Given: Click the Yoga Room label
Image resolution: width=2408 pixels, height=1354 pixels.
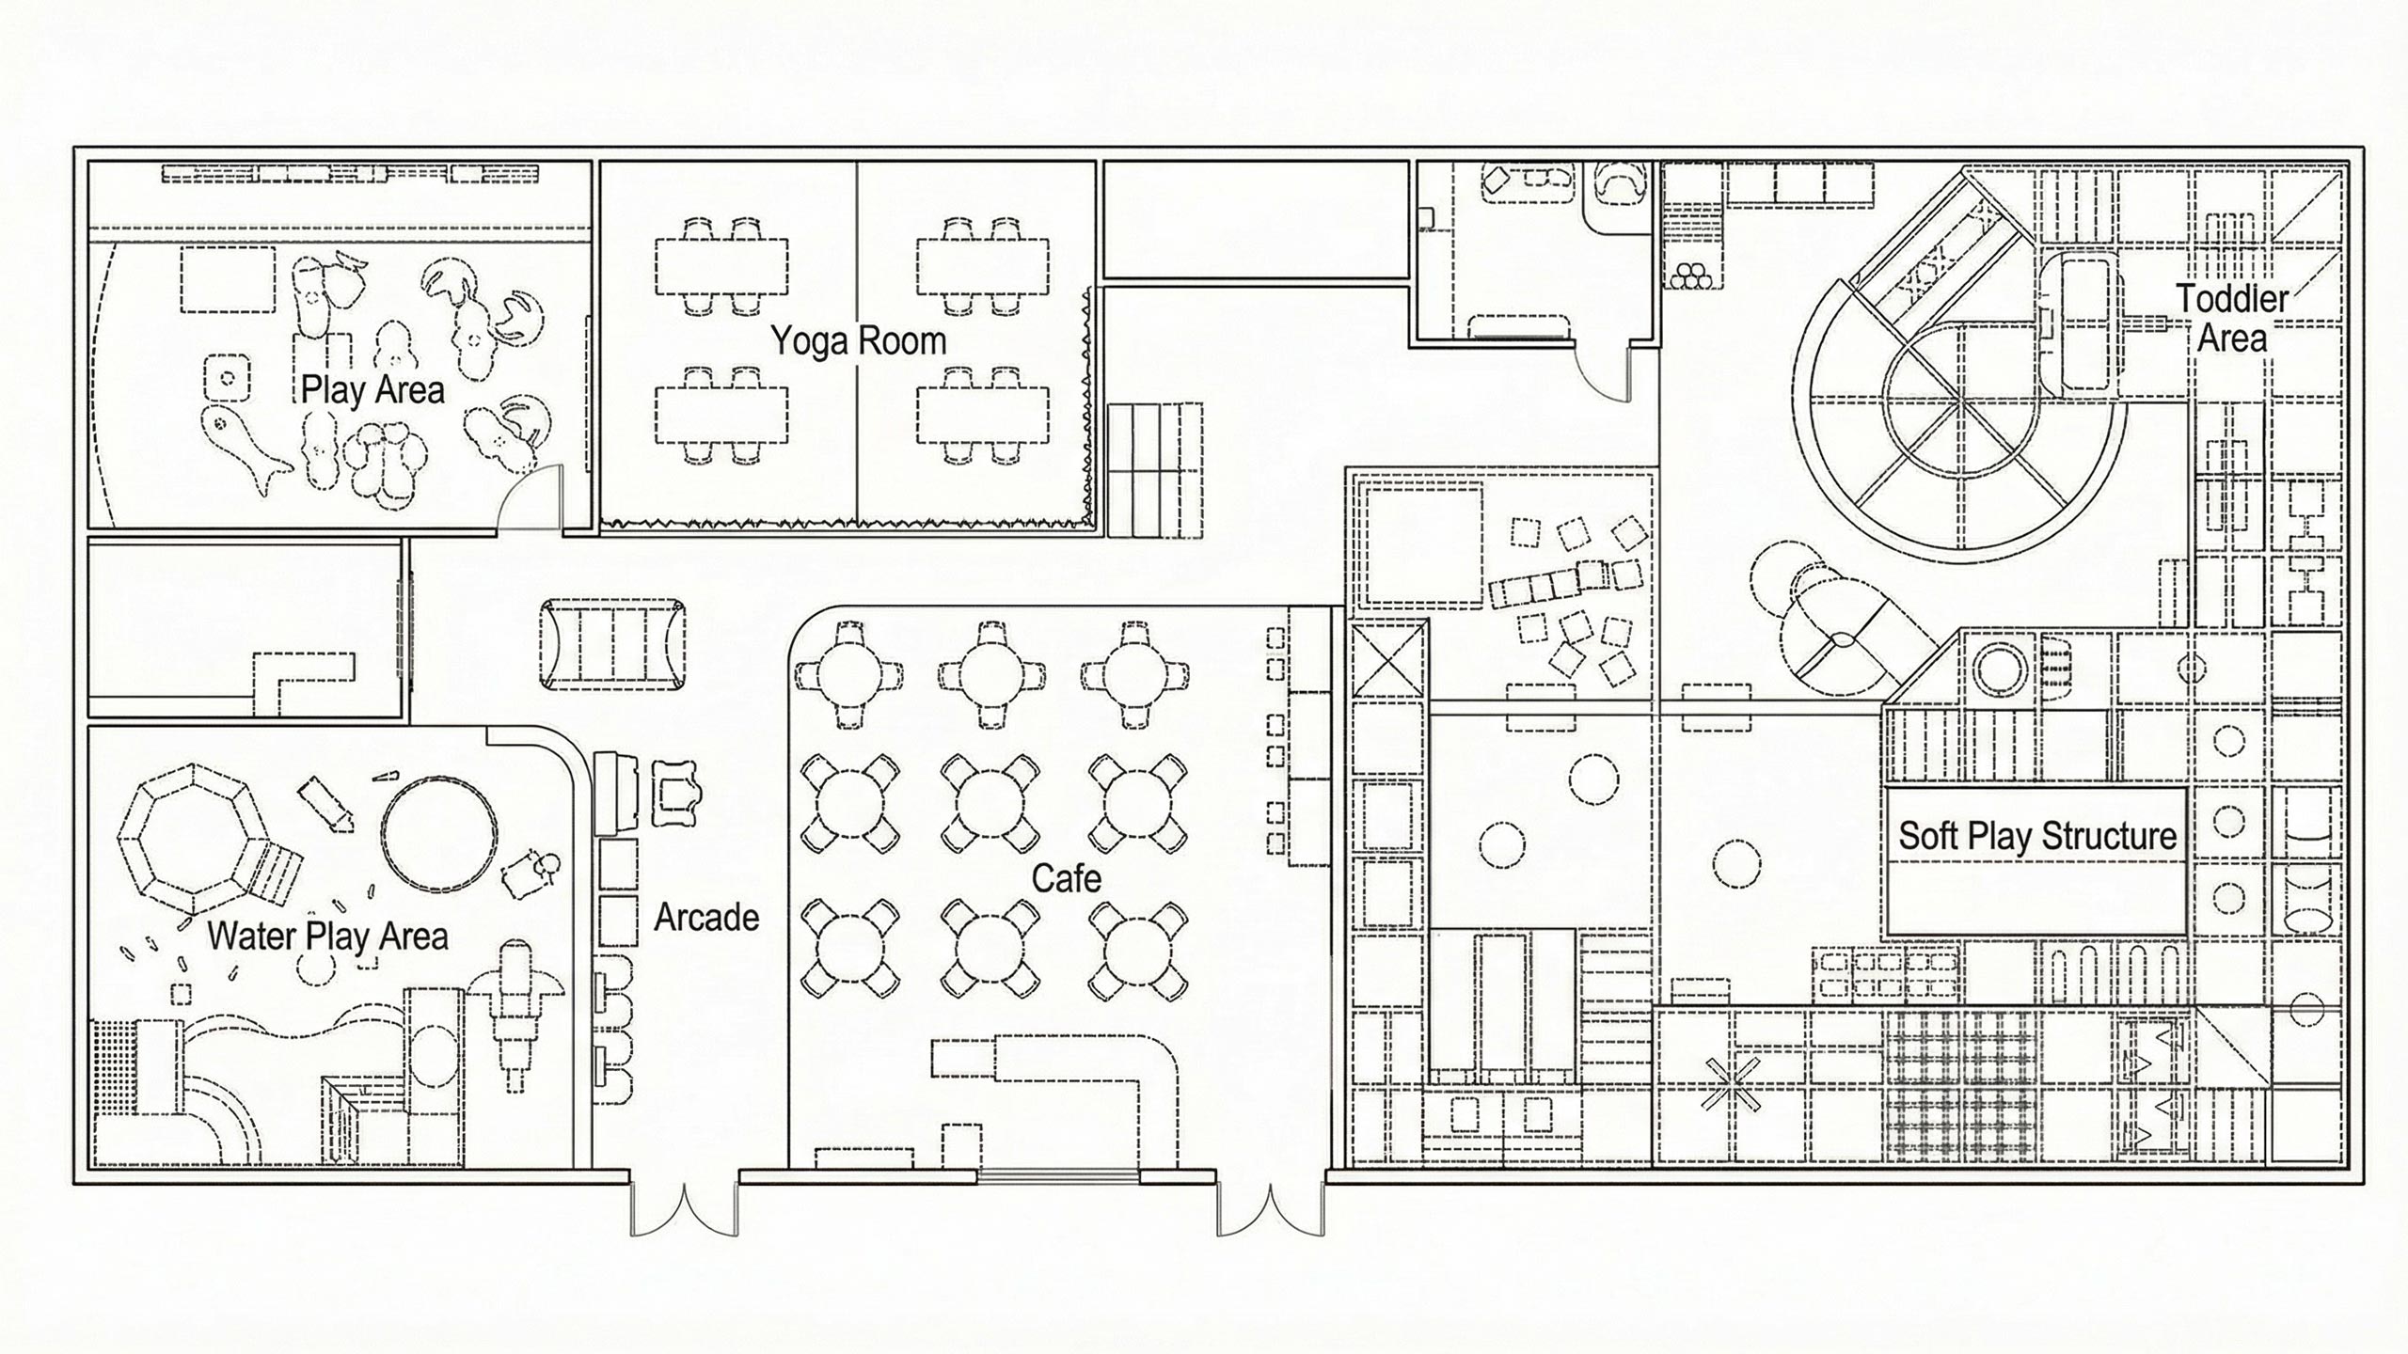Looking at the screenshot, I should pyautogui.click(x=858, y=340).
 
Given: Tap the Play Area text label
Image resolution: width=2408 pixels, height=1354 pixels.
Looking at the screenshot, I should pyautogui.click(x=372, y=389).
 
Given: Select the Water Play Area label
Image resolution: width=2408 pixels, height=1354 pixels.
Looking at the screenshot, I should pyautogui.click(x=327, y=937).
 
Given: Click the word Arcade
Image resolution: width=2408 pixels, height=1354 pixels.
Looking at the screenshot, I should pyautogui.click(x=706, y=917).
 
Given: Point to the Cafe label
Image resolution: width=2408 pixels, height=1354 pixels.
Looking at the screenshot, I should pyautogui.click(x=1066, y=879).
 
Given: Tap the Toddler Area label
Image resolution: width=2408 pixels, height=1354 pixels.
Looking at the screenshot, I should pyautogui.click(x=2231, y=319).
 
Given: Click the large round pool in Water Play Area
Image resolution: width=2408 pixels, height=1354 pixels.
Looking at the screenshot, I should pyautogui.click(x=439, y=833).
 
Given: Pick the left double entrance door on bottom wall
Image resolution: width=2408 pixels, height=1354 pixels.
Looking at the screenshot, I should pyautogui.click(x=684, y=1208).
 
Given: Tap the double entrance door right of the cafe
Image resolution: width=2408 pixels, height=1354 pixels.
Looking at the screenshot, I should pyautogui.click(x=1271, y=1208).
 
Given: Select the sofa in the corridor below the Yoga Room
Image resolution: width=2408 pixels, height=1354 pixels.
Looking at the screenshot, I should pyautogui.click(x=611, y=644).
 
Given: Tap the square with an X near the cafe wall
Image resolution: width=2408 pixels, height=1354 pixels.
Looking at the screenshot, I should pyautogui.click(x=1388, y=661).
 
